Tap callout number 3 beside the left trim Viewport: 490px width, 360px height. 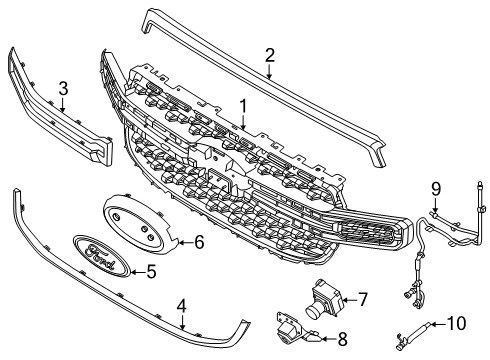tap(62, 91)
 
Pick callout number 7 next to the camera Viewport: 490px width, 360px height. tap(363, 297)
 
